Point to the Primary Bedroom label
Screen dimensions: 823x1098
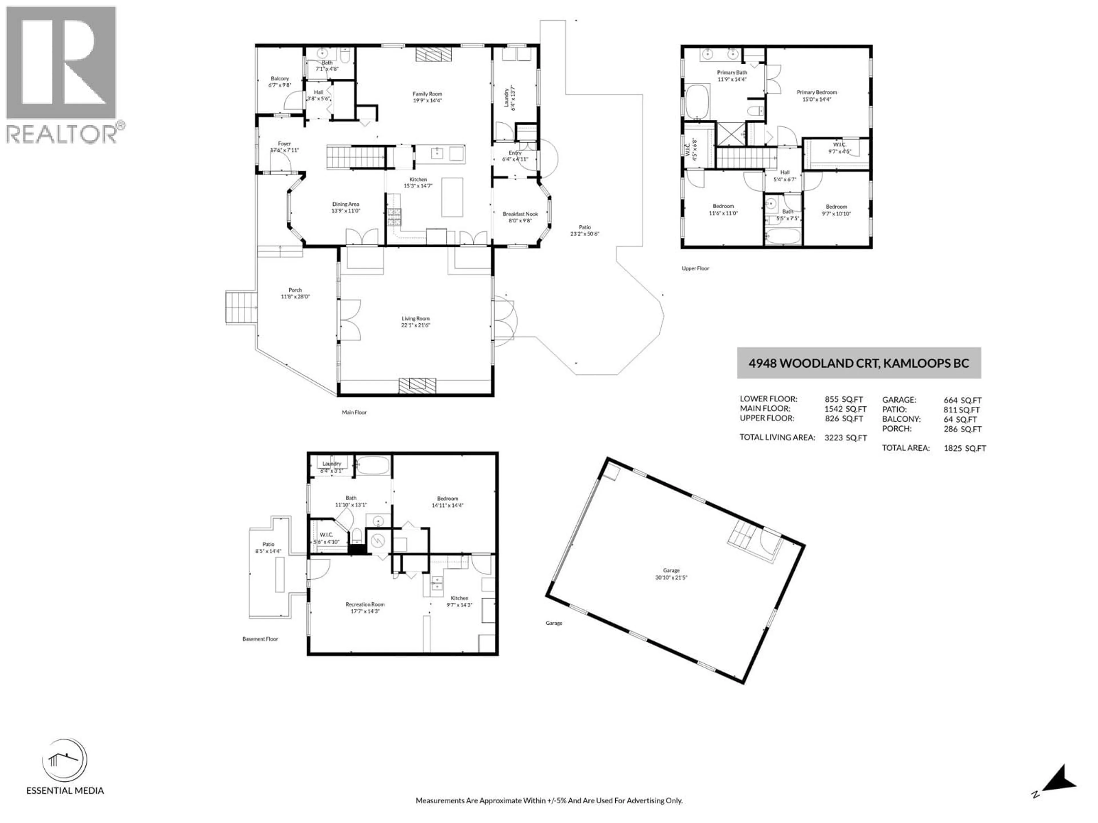817,92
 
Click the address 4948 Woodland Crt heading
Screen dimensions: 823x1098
858,363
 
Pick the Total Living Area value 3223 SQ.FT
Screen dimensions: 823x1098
845,438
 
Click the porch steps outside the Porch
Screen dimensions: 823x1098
241,307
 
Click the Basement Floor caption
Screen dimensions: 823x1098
260,639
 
